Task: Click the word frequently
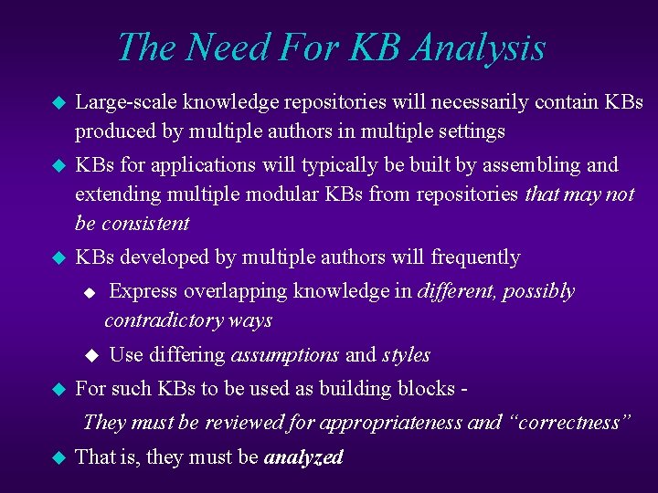click(x=475, y=257)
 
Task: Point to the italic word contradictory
click(x=160, y=320)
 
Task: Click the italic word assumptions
click(x=285, y=354)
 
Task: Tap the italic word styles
click(x=407, y=354)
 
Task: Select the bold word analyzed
click(x=303, y=456)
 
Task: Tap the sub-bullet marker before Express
click(x=89, y=293)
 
